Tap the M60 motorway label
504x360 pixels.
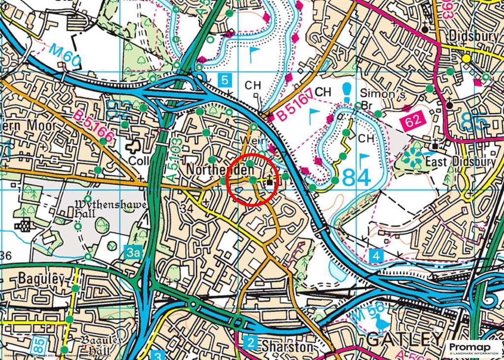(64, 55)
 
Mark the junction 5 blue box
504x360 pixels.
(224, 79)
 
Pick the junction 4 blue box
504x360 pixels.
(376, 256)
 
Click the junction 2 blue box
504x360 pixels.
(252, 343)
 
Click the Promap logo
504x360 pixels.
(474, 348)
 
